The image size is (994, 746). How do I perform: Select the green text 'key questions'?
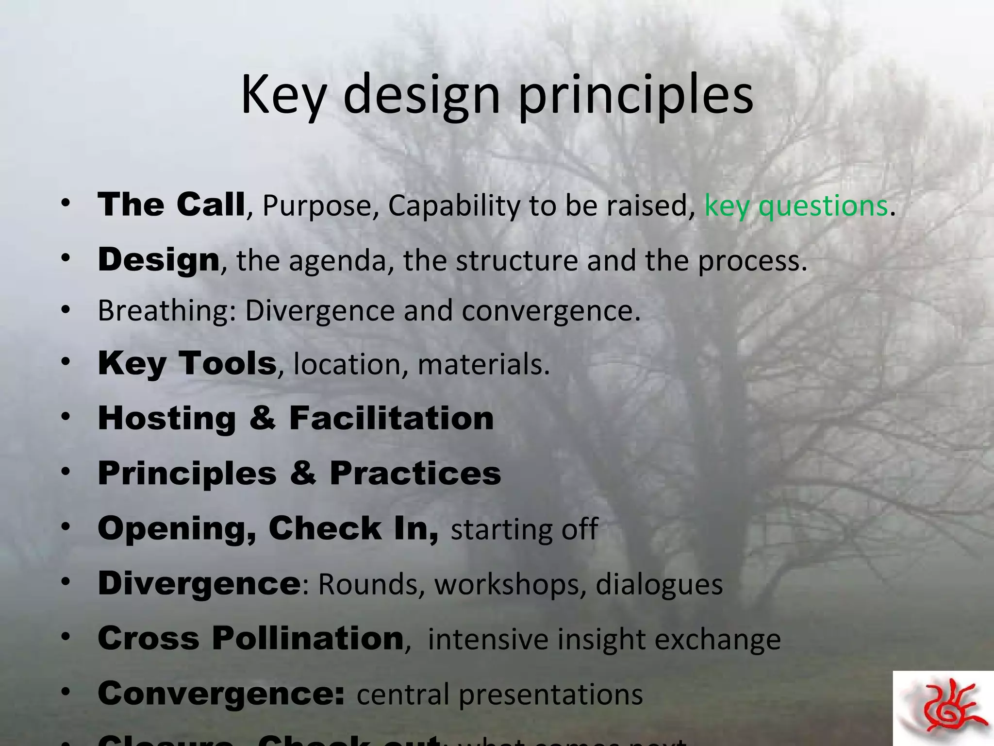tap(796, 205)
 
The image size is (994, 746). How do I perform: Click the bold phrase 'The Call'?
tap(171, 204)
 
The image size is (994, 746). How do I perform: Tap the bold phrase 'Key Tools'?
tap(187, 363)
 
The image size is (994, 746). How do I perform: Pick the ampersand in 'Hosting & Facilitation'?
tap(263, 418)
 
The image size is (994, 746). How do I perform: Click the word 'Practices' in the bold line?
tap(415, 473)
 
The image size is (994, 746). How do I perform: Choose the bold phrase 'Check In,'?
tap(353, 528)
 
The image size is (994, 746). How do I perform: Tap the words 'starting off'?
tap(524, 529)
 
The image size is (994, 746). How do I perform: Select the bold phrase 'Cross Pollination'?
tap(250, 638)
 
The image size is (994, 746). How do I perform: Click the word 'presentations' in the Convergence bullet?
tap(550, 695)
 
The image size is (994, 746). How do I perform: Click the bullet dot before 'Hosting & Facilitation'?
tap(66, 417)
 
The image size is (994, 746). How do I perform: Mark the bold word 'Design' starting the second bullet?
tap(159, 260)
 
